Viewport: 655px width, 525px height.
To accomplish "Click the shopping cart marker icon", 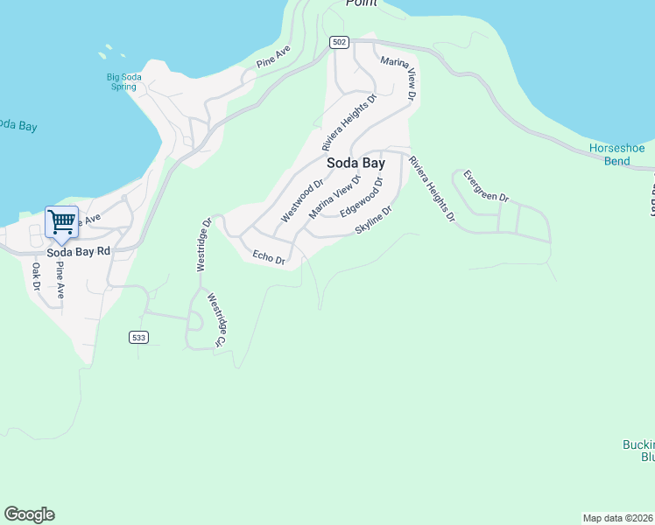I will click(x=61, y=221).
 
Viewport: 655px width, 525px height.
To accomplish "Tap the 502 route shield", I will click(x=340, y=42).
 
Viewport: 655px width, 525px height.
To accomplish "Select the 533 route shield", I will click(x=137, y=338).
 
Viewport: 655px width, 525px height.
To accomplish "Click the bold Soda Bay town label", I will click(x=356, y=163).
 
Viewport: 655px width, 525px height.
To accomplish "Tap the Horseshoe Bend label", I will click(x=622, y=155).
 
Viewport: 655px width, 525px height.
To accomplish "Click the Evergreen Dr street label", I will click(x=486, y=185).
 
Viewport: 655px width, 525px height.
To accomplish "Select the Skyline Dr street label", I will click(x=373, y=220).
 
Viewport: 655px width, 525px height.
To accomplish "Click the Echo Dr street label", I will click(x=269, y=257).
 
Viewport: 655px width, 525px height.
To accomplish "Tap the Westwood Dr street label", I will click(x=302, y=200).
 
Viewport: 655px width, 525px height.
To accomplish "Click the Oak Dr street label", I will click(x=37, y=276).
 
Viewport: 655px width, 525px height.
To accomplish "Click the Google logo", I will click(x=29, y=514).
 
